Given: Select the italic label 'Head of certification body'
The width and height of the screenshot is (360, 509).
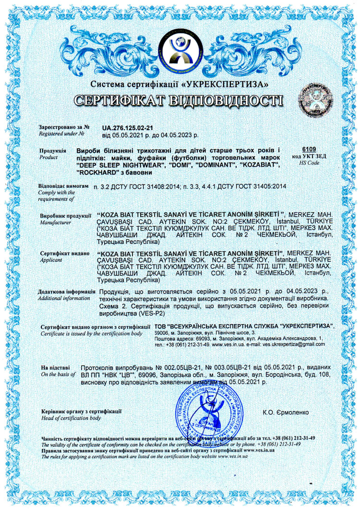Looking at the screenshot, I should [71, 418].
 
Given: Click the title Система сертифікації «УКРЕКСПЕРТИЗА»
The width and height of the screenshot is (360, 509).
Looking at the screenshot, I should [179, 84].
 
